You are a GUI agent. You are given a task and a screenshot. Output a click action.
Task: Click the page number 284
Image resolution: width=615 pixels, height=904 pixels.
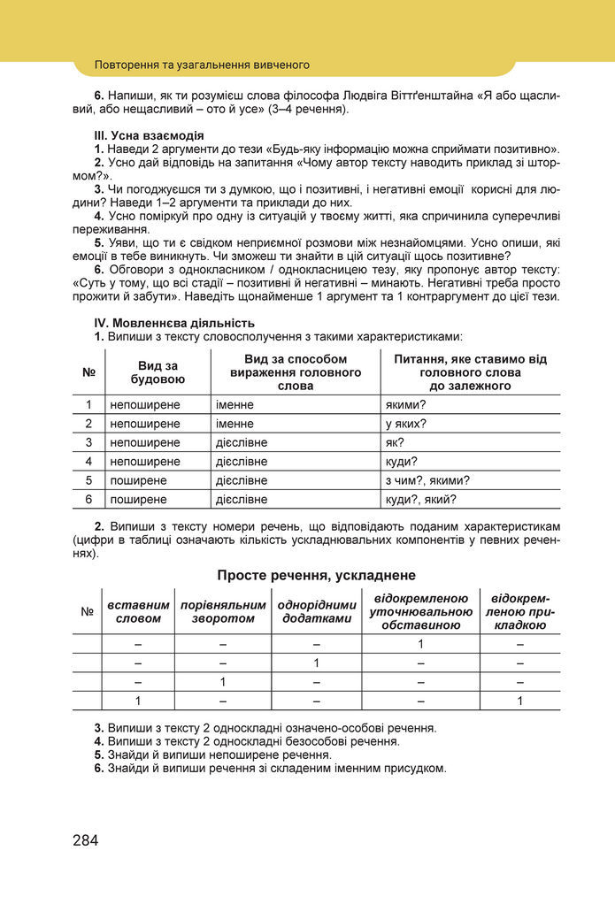pyautogui.click(x=86, y=839)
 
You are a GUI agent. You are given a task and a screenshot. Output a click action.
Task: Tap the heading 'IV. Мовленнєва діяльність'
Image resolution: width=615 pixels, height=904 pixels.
pyautogui.click(x=174, y=323)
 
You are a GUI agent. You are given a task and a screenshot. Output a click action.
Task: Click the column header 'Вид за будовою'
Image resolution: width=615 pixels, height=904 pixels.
pyautogui.click(x=158, y=372)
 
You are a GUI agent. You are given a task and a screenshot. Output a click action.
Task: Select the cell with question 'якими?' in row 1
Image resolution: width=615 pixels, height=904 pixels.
pyautogui.click(x=406, y=404)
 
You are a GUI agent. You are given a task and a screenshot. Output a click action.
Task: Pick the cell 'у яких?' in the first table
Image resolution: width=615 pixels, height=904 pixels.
pyautogui.click(x=406, y=424)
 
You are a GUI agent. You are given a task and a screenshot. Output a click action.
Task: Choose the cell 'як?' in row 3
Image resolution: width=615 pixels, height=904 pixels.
pyautogui.click(x=396, y=442)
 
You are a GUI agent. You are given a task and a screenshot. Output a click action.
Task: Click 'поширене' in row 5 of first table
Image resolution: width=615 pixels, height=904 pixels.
pyautogui.click(x=137, y=480)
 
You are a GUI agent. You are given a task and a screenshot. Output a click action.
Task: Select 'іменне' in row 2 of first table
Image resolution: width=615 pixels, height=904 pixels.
pyautogui.click(x=234, y=424)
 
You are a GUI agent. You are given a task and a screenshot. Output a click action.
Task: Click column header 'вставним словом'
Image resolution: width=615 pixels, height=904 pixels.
pyautogui.click(x=138, y=611)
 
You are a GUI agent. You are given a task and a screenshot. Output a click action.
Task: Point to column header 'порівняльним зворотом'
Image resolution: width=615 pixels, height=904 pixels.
pyautogui.click(x=223, y=611)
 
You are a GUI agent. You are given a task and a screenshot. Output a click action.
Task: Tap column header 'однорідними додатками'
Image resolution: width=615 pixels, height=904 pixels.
pyautogui.click(x=316, y=611)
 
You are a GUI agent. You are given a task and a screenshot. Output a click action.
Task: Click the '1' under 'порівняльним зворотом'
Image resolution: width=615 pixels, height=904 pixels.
pyautogui.click(x=223, y=682)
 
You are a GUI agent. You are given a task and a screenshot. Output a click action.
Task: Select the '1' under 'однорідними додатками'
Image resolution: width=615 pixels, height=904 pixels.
pyautogui.click(x=316, y=663)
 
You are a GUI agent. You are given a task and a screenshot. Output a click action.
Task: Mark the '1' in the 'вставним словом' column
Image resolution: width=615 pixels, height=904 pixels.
pyautogui.click(x=138, y=701)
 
